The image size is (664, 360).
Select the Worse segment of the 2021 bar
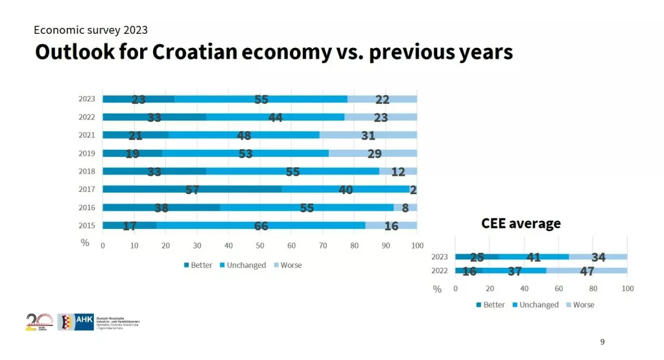[x=368, y=135]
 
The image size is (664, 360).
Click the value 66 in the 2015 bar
[x=261, y=226]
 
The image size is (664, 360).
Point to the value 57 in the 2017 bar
[x=192, y=189]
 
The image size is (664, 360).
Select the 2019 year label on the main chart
[x=87, y=154]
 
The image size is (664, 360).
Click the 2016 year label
[x=87, y=208]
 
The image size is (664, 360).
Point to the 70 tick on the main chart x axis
[x=323, y=246]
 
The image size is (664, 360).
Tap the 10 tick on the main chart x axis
[x=134, y=246]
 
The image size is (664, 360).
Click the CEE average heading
[x=521, y=224]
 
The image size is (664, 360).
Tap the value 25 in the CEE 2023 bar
[x=477, y=257]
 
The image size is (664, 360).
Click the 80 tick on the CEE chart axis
[x=593, y=288]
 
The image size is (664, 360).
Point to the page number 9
[x=602, y=342]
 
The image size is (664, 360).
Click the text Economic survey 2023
[x=91, y=30]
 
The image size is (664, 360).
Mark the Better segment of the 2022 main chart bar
[x=154, y=117]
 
